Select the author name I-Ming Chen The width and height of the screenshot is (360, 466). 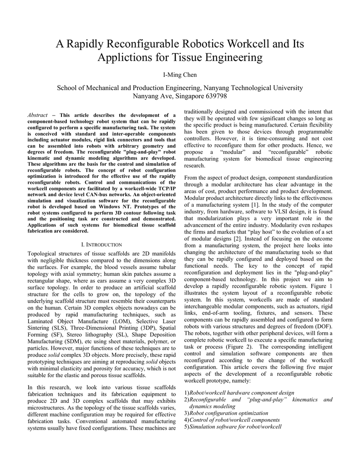(x=180, y=75)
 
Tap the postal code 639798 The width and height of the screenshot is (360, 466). (x=216, y=96)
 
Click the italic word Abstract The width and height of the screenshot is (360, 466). (x=38, y=115)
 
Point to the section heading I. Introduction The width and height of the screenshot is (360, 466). (x=101, y=244)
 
